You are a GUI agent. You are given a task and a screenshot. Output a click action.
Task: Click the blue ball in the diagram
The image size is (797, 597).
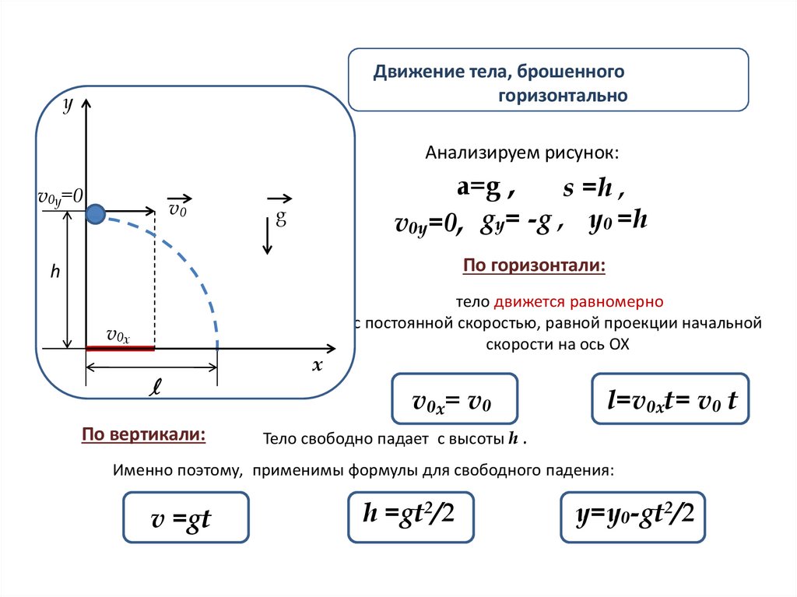pos(96,212)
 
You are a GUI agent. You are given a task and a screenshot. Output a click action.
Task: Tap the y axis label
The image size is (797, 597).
pos(68,105)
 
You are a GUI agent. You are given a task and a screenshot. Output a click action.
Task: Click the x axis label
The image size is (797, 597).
pos(317,366)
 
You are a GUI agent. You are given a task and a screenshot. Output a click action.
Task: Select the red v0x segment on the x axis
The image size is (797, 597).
pos(120,349)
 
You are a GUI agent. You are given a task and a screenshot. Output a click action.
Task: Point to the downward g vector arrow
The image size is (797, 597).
pos(266,235)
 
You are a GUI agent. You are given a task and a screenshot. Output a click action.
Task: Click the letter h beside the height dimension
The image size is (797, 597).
pos(55,272)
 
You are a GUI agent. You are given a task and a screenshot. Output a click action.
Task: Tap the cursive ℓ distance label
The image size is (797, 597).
pos(155,387)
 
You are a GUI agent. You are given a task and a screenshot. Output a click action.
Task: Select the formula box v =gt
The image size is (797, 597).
pos(185,518)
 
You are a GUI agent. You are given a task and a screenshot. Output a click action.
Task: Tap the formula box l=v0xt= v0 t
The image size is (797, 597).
pos(669,400)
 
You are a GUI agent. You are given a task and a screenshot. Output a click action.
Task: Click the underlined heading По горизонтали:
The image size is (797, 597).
pos(534,266)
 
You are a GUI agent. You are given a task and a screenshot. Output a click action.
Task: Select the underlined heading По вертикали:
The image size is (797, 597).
pos(144,434)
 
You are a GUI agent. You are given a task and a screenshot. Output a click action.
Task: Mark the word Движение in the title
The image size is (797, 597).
pos(409,72)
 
